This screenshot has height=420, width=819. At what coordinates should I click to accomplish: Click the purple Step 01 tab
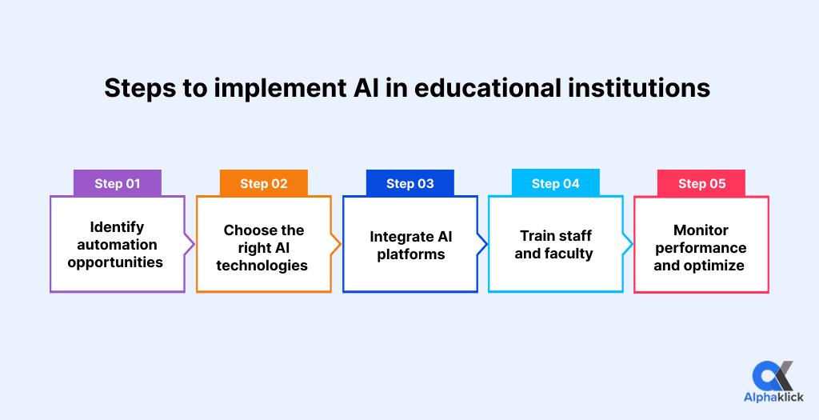(118, 183)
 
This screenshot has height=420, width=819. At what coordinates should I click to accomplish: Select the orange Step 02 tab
(264, 183)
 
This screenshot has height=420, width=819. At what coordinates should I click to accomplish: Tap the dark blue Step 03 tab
(410, 183)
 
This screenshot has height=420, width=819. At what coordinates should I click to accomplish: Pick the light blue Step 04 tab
(556, 183)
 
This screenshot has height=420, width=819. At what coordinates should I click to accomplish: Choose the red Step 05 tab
(701, 183)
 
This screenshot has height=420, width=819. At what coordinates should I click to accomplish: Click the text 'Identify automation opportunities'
(117, 245)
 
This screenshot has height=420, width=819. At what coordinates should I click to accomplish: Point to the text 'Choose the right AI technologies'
(263, 247)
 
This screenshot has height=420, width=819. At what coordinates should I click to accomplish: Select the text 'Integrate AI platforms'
(410, 246)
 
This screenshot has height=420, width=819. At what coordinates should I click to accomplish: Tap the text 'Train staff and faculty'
(554, 245)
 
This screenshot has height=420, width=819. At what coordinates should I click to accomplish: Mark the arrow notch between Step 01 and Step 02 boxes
(190, 244)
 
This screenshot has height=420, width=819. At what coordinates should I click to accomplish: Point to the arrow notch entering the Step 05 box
(629, 244)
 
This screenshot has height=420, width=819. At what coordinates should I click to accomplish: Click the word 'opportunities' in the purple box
(117, 262)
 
